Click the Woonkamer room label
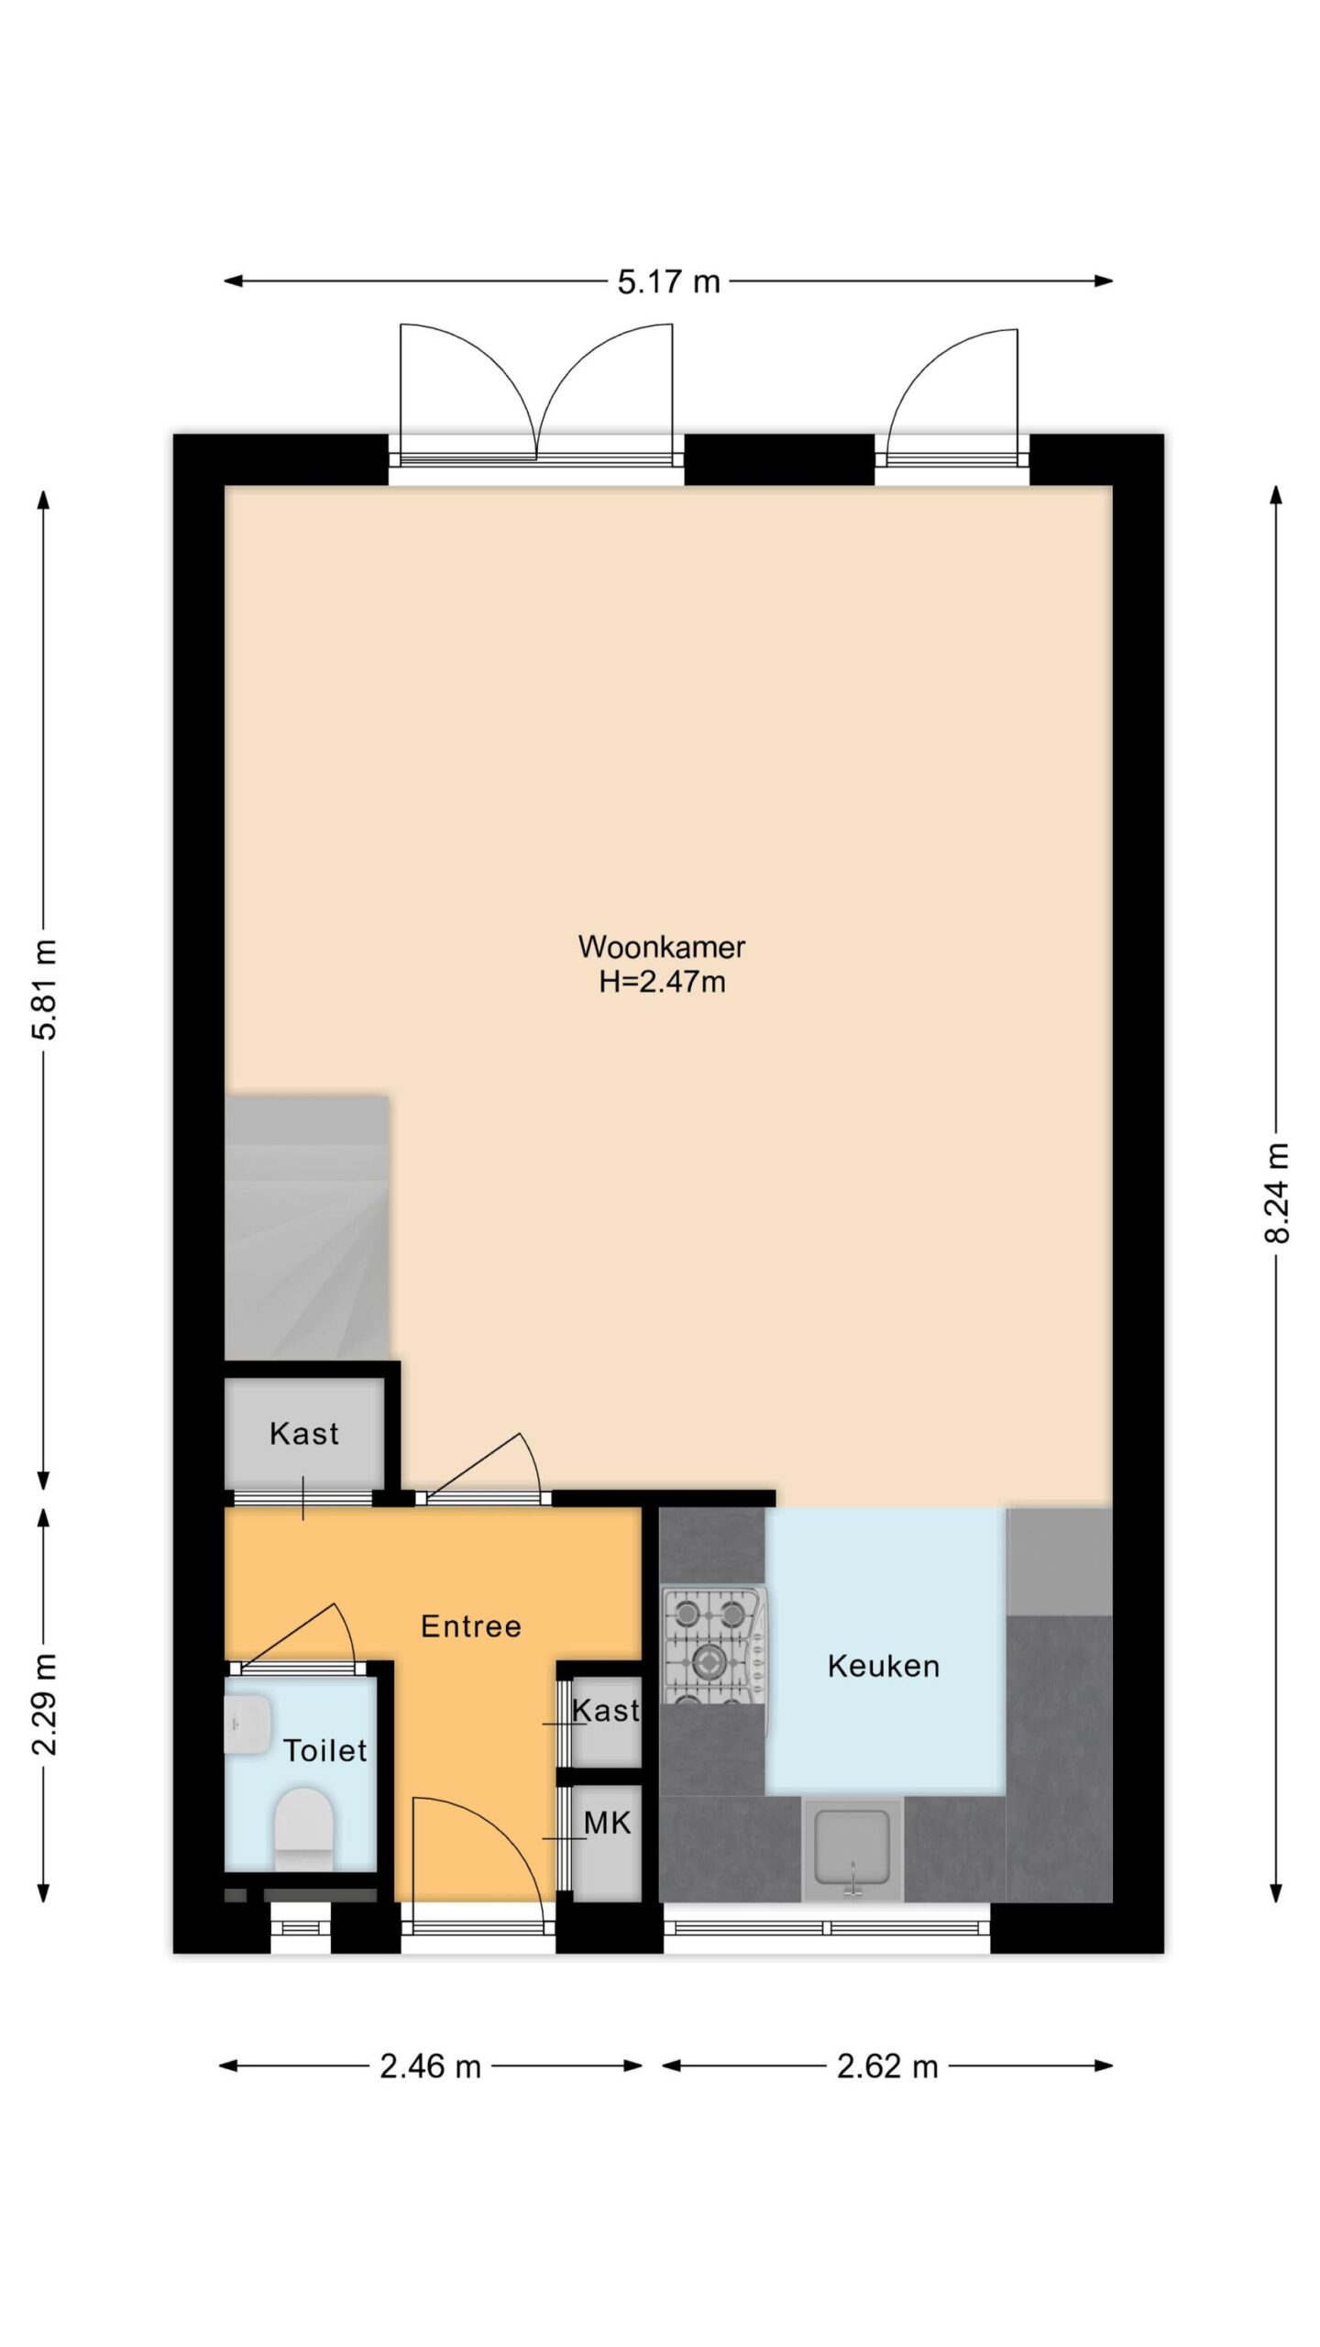(661, 946)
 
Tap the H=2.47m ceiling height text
(662, 982)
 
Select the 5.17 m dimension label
(668, 281)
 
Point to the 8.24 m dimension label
(1276, 1193)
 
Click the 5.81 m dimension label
(44, 989)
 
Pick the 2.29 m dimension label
(44, 1704)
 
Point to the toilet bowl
(303, 1828)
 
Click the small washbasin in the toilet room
(247, 1724)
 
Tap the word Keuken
(884, 1666)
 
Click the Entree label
(471, 1626)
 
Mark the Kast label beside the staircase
(303, 1433)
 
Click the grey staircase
(307, 1228)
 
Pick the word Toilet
(324, 1750)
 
